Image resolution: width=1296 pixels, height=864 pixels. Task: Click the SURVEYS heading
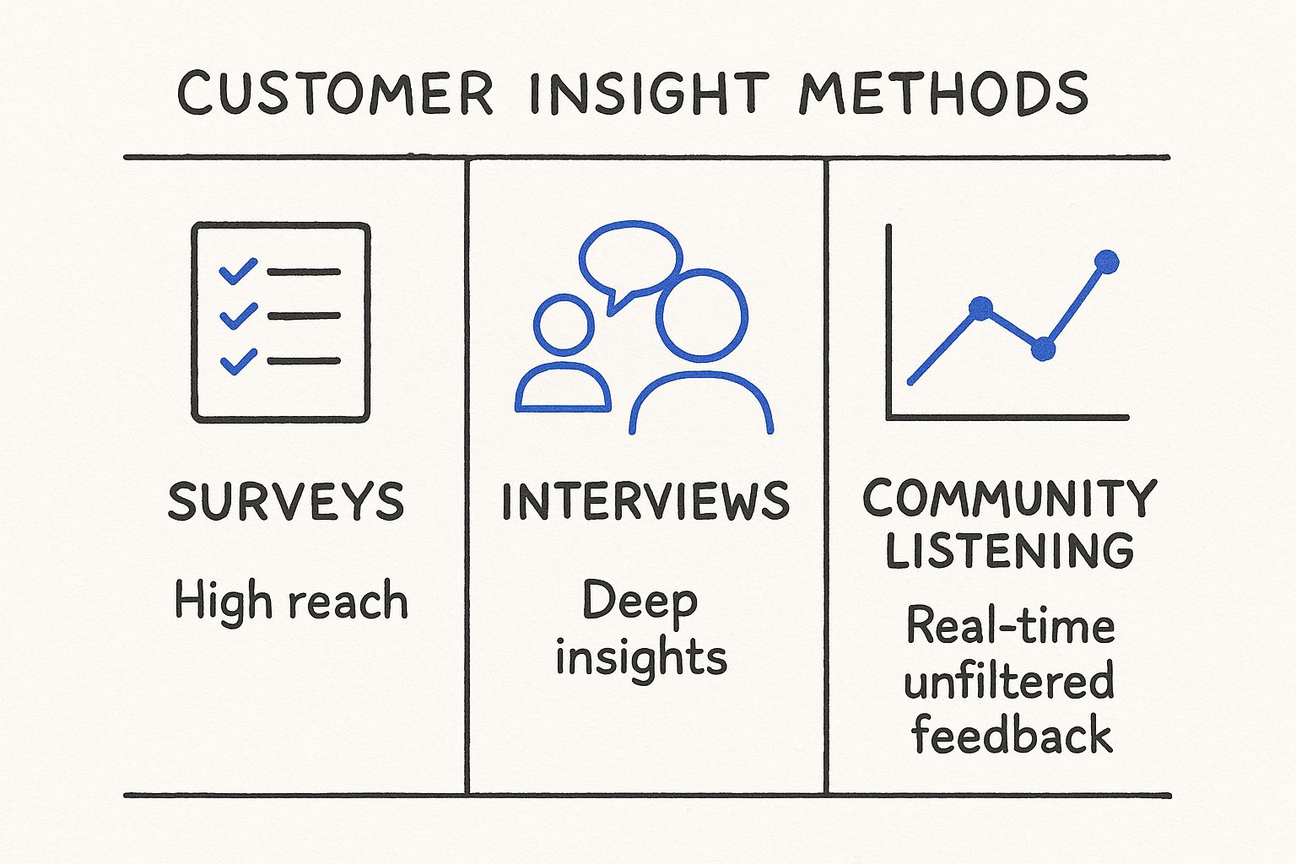tap(286, 501)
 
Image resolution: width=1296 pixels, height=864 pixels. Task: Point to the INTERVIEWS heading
tap(645, 501)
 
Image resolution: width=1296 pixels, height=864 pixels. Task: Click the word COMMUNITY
tap(1009, 498)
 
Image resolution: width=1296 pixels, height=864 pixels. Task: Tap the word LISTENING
tap(1009, 550)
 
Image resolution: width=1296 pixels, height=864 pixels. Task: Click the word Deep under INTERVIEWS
tap(640, 601)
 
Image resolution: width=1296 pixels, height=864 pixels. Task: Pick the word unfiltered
tap(1009, 682)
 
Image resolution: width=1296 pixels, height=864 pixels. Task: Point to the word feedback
tap(1012, 734)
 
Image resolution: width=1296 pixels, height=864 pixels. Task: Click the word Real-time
tap(1011, 627)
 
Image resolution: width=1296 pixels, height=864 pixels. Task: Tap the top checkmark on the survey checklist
tap(238, 272)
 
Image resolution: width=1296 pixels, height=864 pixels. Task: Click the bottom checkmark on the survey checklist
tap(238, 361)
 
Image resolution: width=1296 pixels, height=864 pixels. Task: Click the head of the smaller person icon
tap(564, 325)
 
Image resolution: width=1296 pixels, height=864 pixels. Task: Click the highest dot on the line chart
tap(1106, 262)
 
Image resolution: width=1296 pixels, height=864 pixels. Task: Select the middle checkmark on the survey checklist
tap(238, 316)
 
